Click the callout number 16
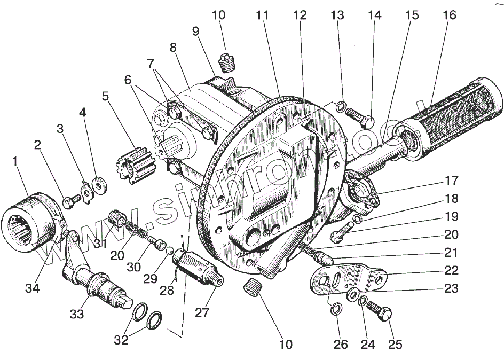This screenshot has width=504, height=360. pyautogui.click(x=450, y=15)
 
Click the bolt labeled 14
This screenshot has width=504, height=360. pyautogui.click(x=359, y=118)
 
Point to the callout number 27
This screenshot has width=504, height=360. pyautogui.click(x=202, y=313)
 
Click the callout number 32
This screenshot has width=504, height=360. pyautogui.click(x=121, y=340)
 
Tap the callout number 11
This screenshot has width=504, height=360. pyautogui.click(x=262, y=15)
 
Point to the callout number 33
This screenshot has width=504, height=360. pyautogui.click(x=77, y=314)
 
